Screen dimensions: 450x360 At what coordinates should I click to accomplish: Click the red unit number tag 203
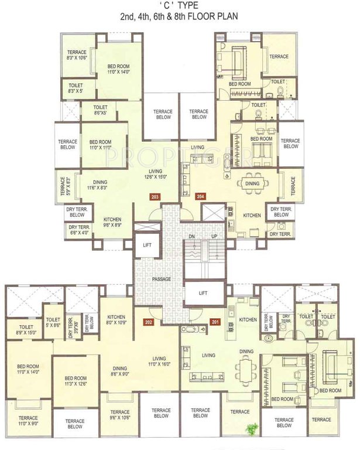point(155,197)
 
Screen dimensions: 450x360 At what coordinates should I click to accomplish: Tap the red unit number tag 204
point(201,197)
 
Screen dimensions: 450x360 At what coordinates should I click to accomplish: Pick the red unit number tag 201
point(215,322)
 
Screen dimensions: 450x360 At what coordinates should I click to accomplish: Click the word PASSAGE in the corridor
point(162,279)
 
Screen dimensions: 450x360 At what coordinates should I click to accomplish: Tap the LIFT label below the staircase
point(204,293)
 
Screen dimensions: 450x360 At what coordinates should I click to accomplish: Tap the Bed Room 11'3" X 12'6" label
point(76,381)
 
